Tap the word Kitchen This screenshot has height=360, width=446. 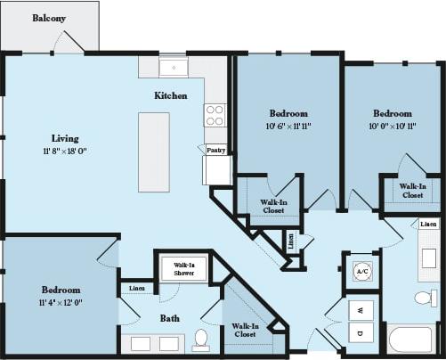pyautogui.click(x=170, y=95)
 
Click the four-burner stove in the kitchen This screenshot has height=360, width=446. pyautogui.click(x=215, y=115)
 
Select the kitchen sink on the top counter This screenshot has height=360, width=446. pyautogui.click(x=172, y=67)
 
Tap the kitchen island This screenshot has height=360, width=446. pyautogui.click(x=153, y=151)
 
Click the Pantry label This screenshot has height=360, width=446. pyautogui.click(x=216, y=151)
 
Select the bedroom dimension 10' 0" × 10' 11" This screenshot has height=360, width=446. pyautogui.click(x=392, y=127)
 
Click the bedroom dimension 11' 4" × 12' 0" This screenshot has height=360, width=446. pyautogui.click(x=61, y=303)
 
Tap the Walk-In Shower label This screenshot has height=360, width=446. pyautogui.click(x=184, y=268)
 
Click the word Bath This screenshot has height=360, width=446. pyautogui.click(x=171, y=317)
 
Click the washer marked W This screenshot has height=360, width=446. pyautogui.click(x=361, y=309)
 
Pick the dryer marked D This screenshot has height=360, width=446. pyautogui.click(x=361, y=334)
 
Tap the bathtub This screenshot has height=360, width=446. pyautogui.click(x=410, y=341)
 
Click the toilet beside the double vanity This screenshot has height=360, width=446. pyautogui.click(x=201, y=340)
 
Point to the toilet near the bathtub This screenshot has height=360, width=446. pyautogui.click(x=426, y=298)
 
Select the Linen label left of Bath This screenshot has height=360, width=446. pyautogui.click(x=137, y=288)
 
